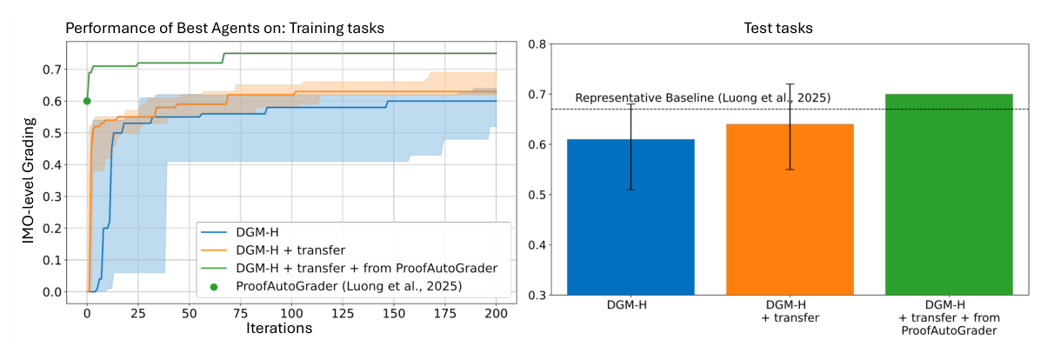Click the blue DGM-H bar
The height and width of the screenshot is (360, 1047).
click(x=630, y=217)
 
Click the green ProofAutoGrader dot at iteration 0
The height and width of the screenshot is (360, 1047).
click(x=87, y=101)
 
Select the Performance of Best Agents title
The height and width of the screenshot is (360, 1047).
click(x=225, y=28)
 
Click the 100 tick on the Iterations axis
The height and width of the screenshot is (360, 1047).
click(x=291, y=311)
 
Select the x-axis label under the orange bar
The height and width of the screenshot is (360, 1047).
click(x=790, y=311)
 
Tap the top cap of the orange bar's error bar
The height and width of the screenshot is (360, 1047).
click(x=790, y=84)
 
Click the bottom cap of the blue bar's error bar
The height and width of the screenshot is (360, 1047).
click(x=630, y=190)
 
